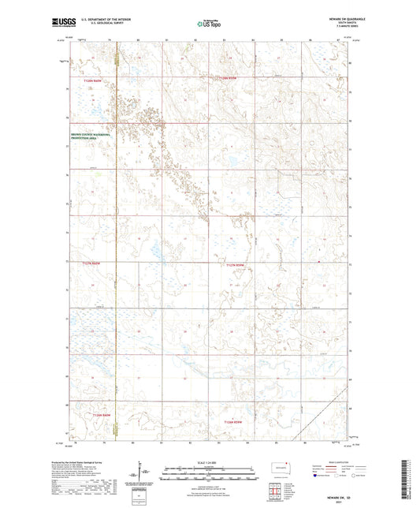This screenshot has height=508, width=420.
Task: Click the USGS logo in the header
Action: pos(61,24)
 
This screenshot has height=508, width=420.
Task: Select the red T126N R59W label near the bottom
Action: pos(234,422)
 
